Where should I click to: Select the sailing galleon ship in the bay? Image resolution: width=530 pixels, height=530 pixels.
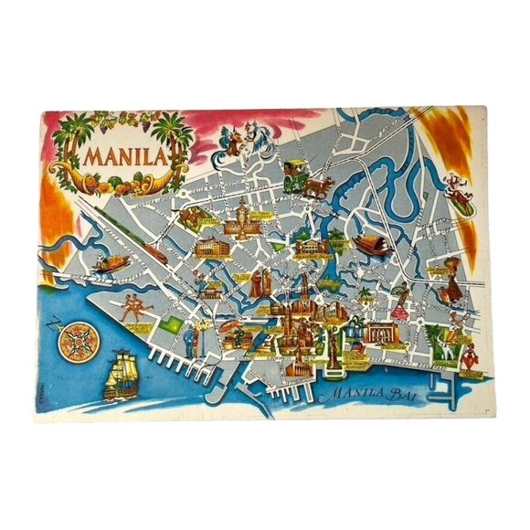[x=118, y=376]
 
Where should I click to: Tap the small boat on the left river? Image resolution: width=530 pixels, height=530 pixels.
[x=115, y=264]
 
